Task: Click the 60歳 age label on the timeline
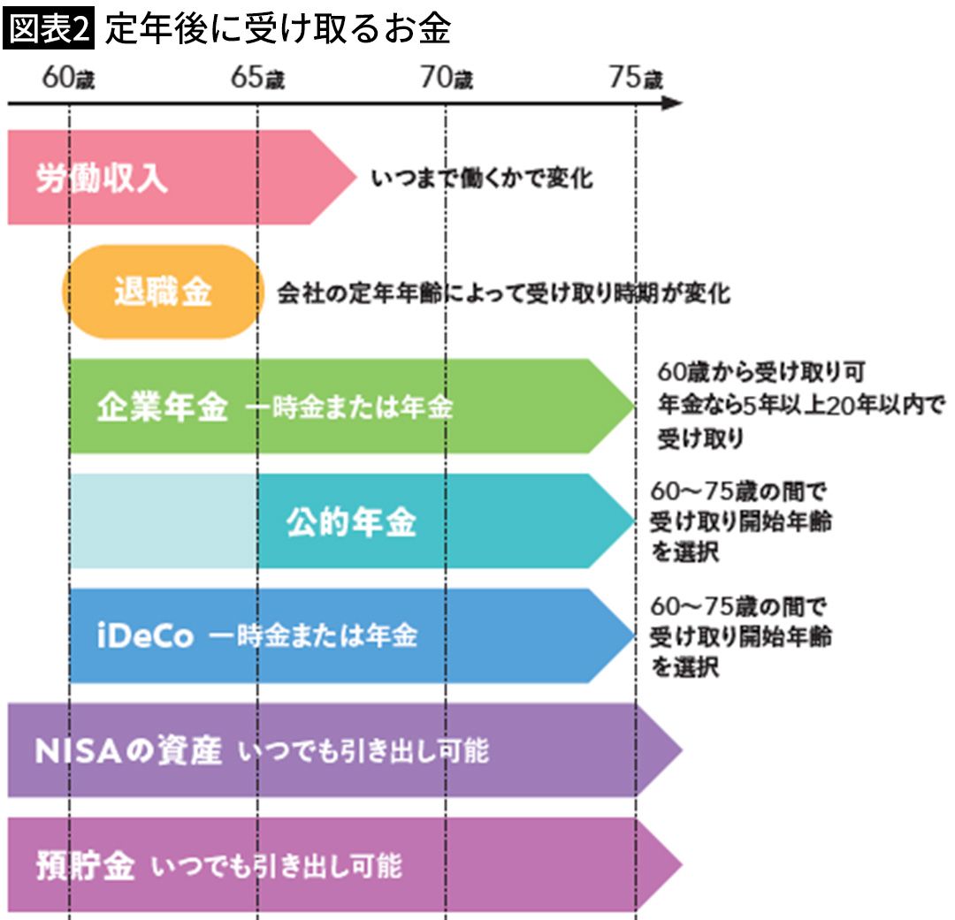pos(68,79)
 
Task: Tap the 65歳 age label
pos(257,79)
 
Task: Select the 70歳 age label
pos(446,79)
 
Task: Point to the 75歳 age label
pos(635,79)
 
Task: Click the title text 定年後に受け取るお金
pos(278,30)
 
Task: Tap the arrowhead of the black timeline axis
pos(673,103)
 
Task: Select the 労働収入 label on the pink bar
pos(101,179)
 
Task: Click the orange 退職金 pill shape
pos(163,293)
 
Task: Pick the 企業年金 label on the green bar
pos(162,407)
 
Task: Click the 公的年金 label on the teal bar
pos(351,522)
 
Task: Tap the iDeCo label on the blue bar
pos(144,636)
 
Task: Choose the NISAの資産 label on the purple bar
pos(128,751)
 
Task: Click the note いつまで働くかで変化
pos(482,179)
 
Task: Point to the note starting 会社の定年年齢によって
pos(504,293)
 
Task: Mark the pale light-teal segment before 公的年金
pos(164,521)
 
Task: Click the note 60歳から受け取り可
pos(760,370)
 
